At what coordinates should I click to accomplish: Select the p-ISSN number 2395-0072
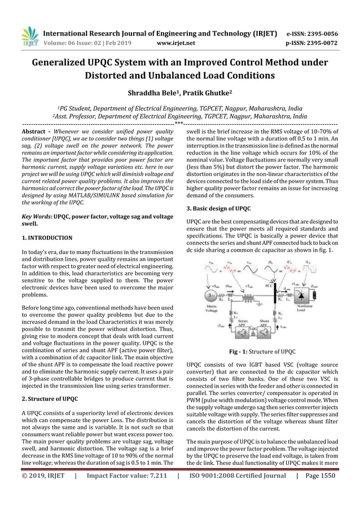pyautogui.click(x=322, y=41)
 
